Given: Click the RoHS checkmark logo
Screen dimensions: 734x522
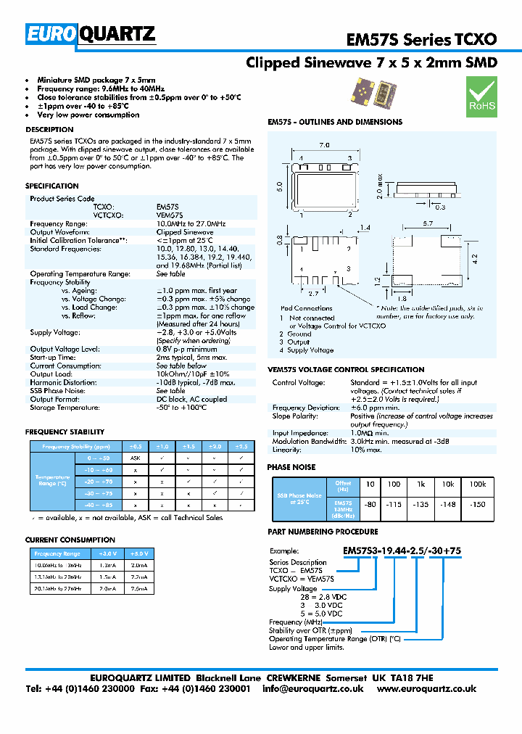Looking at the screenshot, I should [x=481, y=96].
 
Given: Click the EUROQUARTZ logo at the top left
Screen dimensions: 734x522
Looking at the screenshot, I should [x=91, y=34].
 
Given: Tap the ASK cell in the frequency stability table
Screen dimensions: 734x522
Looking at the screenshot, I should [x=134, y=459].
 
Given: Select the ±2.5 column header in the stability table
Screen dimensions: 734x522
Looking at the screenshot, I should [x=241, y=447].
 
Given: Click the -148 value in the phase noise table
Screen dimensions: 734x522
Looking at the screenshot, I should [x=449, y=504].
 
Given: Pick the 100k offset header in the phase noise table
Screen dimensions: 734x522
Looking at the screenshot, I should [x=478, y=484].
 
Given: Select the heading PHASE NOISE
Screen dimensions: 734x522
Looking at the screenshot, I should [x=291, y=468].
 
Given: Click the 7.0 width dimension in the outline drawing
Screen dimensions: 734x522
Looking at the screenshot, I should [x=324, y=145].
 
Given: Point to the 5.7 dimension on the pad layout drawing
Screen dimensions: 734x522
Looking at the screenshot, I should [x=427, y=223].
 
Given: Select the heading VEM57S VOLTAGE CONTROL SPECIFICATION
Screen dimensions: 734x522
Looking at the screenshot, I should [x=346, y=370].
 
